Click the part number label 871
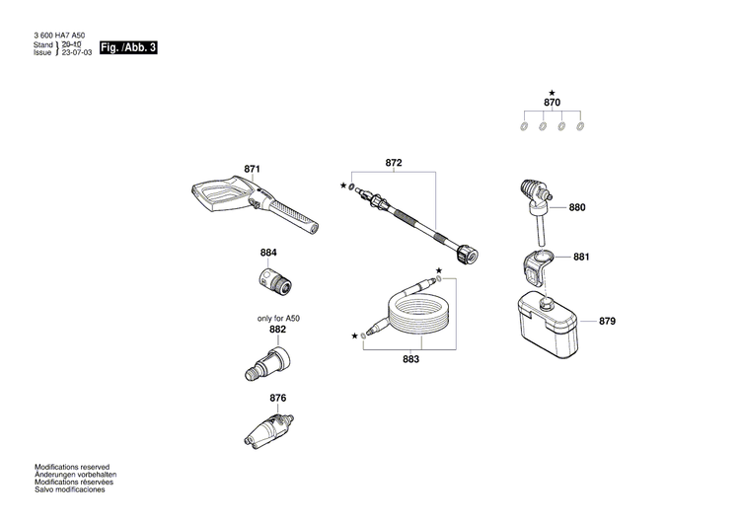(x=252, y=171)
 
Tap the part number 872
(x=394, y=162)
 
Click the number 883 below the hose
(x=410, y=360)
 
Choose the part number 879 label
(x=607, y=322)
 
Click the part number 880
(x=577, y=208)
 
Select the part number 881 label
(x=580, y=258)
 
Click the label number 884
(x=268, y=253)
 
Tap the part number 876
(x=277, y=398)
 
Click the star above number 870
(x=552, y=91)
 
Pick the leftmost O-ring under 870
(x=525, y=126)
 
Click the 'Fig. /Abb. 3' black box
(x=128, y=47)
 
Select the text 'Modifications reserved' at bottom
(x=72, y=467)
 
